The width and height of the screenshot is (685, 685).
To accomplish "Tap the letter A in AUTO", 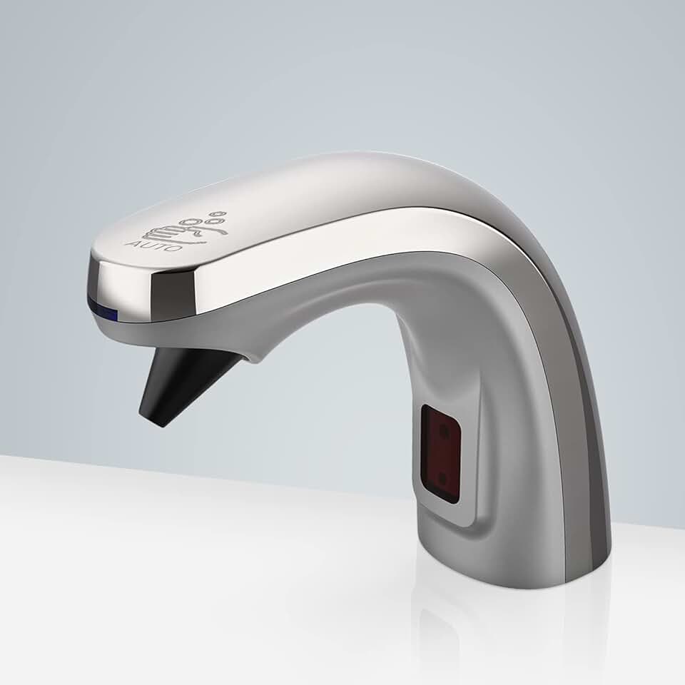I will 129,243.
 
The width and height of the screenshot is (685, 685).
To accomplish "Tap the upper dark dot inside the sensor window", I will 444,431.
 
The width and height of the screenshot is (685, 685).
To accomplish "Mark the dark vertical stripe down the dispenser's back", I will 582,428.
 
